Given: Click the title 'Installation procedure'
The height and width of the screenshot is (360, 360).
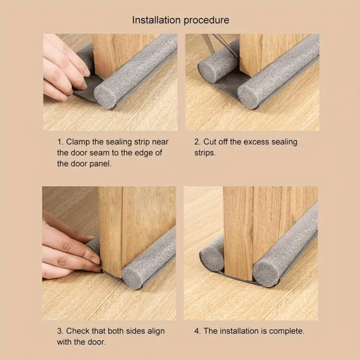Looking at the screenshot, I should [x=180, y=20].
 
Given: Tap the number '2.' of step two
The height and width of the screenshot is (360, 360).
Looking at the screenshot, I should [x=198, y=142].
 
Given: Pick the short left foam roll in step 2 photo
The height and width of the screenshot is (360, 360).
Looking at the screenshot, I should [x=216, y=65].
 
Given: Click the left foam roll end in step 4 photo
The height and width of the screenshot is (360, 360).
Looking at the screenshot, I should [x=210, y=260].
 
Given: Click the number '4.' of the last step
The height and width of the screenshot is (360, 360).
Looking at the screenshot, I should [x=198, y=331].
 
